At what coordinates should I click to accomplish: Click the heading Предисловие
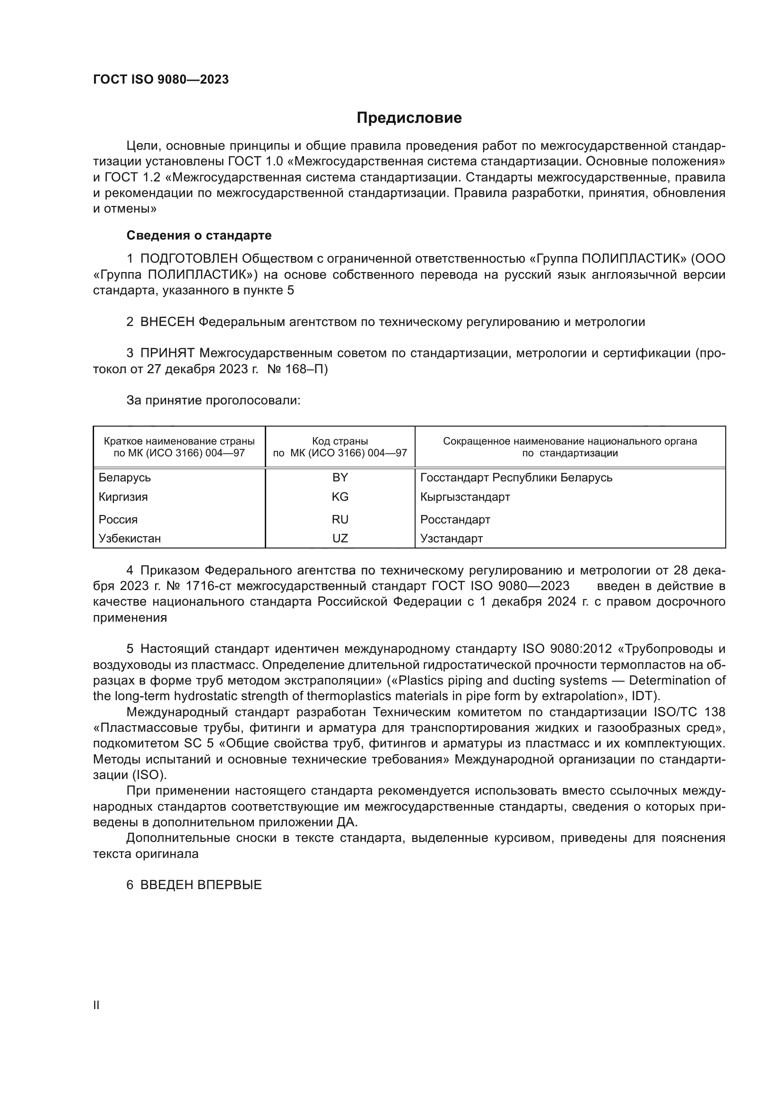(x=409, y=118)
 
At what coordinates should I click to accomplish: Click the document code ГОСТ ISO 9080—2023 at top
(x=161, y=80)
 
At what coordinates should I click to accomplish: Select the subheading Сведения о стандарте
(x=199, y=235)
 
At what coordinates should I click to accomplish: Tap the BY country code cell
(x=340, y=478)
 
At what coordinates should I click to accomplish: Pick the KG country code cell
(x=340, y=497)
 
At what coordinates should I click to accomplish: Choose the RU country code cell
(x=340, y=519)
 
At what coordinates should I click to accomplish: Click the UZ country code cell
(x=340, y=538)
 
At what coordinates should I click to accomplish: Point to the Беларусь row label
(x=125, y=478)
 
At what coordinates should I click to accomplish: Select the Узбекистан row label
(x=130, y=538)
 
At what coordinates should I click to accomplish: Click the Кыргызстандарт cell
(x=465, y=497)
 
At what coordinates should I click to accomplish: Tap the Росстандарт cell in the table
(x=455, y=519)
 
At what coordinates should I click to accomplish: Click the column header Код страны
(x=340, y=441)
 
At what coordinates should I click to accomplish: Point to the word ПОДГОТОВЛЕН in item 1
(x=189, y=259)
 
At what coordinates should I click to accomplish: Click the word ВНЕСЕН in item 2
(x=167, y=322)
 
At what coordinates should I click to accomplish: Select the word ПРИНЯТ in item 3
(x=167, y=353)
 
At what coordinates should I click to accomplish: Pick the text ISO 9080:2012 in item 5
(x=567, y=649)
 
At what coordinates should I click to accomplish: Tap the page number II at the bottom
(x=96, y=1005)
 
